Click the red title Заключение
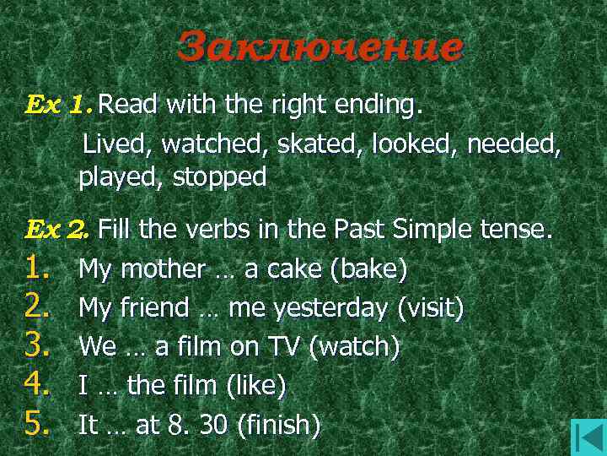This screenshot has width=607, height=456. click(x=320, y=47)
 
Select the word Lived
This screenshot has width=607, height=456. click(x=116, y=144)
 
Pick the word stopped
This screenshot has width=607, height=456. click(x=220, y=177)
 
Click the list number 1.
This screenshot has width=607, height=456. click(x=40, y=269)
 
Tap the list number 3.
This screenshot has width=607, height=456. click(x=40, y=346)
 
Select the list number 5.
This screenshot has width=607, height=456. click(x=40, y=424)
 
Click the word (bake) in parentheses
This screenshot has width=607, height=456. click(x=368, y=269)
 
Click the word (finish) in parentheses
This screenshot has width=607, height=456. click(x=279, y=425)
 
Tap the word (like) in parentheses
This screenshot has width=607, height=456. click(x=256, y=386)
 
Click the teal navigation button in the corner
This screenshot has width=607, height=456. click(x=588, y=437)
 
